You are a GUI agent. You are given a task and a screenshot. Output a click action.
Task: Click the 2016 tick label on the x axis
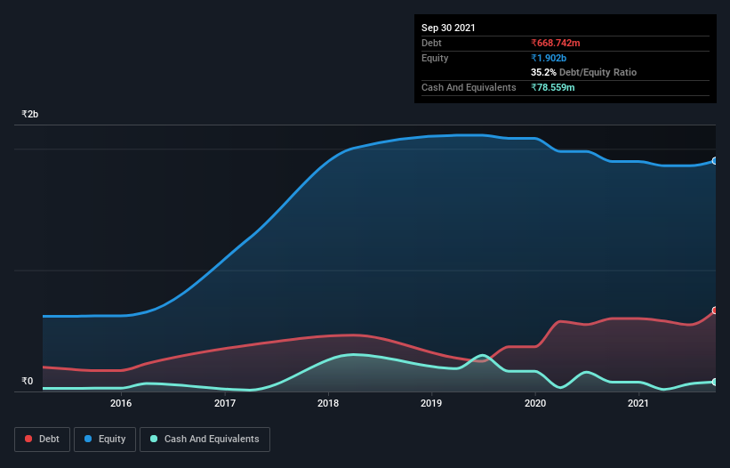point(121,403)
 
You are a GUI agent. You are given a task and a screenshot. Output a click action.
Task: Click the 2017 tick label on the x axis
point(225,403)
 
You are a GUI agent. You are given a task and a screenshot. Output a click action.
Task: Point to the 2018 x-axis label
point(329,403)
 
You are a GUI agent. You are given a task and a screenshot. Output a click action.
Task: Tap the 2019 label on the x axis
point(431,403)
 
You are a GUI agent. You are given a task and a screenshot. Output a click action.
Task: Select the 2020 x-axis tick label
point(535,403)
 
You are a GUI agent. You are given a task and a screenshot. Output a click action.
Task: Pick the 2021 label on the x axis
point(638,403)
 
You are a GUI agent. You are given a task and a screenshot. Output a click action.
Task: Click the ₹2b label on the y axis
point(30,115)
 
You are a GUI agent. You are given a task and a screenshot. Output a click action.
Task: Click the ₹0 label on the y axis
point(28,382)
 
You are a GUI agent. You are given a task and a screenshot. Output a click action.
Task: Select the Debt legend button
point(41,439)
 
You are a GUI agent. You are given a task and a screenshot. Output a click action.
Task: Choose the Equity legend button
point(104,439)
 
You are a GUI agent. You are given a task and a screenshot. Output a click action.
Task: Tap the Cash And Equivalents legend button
point(205,439)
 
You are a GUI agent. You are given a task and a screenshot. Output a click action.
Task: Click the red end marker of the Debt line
point(714,311)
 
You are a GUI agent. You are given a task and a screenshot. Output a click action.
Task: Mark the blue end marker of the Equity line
point(714,161)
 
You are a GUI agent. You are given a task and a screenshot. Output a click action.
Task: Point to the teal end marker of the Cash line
point(714,382)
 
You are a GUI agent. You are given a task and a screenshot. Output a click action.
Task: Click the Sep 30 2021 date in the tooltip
point(448,28)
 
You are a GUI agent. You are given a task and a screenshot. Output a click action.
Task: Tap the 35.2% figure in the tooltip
point(543,72)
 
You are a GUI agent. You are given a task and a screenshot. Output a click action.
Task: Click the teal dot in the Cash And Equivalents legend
point(155,439)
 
